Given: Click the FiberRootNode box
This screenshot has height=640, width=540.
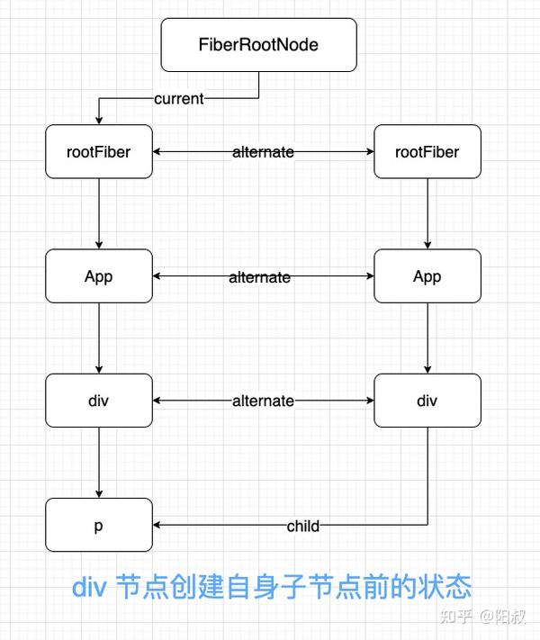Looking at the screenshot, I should [259, 44].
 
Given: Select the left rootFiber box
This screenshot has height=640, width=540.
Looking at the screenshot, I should [99, 152].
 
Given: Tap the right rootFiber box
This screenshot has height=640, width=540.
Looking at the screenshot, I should [427, 152].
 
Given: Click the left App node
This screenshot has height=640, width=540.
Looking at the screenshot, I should [99, 276].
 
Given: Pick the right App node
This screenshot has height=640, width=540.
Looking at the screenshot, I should [427, 276].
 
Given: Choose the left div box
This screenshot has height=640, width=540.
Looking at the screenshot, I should [99, 401].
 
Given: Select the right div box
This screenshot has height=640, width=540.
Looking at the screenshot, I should [427, 401].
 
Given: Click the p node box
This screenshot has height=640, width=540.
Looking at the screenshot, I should [99, 525].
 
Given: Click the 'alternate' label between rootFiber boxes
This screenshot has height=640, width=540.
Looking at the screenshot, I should [263, 152].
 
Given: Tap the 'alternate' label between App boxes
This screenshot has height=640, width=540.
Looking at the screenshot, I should [259, 277].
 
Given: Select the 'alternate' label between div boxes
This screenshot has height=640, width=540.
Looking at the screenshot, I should [263, 401].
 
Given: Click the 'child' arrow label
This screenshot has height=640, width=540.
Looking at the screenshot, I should [302, 526].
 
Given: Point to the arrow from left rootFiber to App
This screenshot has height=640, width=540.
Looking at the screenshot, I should [99, 214].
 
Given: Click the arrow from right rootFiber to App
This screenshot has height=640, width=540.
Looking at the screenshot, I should [427, 214].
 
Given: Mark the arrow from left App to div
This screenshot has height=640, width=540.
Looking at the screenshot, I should [99, 338].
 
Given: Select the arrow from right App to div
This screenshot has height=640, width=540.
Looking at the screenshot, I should [427, 338].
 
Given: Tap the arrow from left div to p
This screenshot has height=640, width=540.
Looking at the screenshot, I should [99, 463].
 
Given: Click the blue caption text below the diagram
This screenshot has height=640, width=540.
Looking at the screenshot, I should [271, 587].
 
